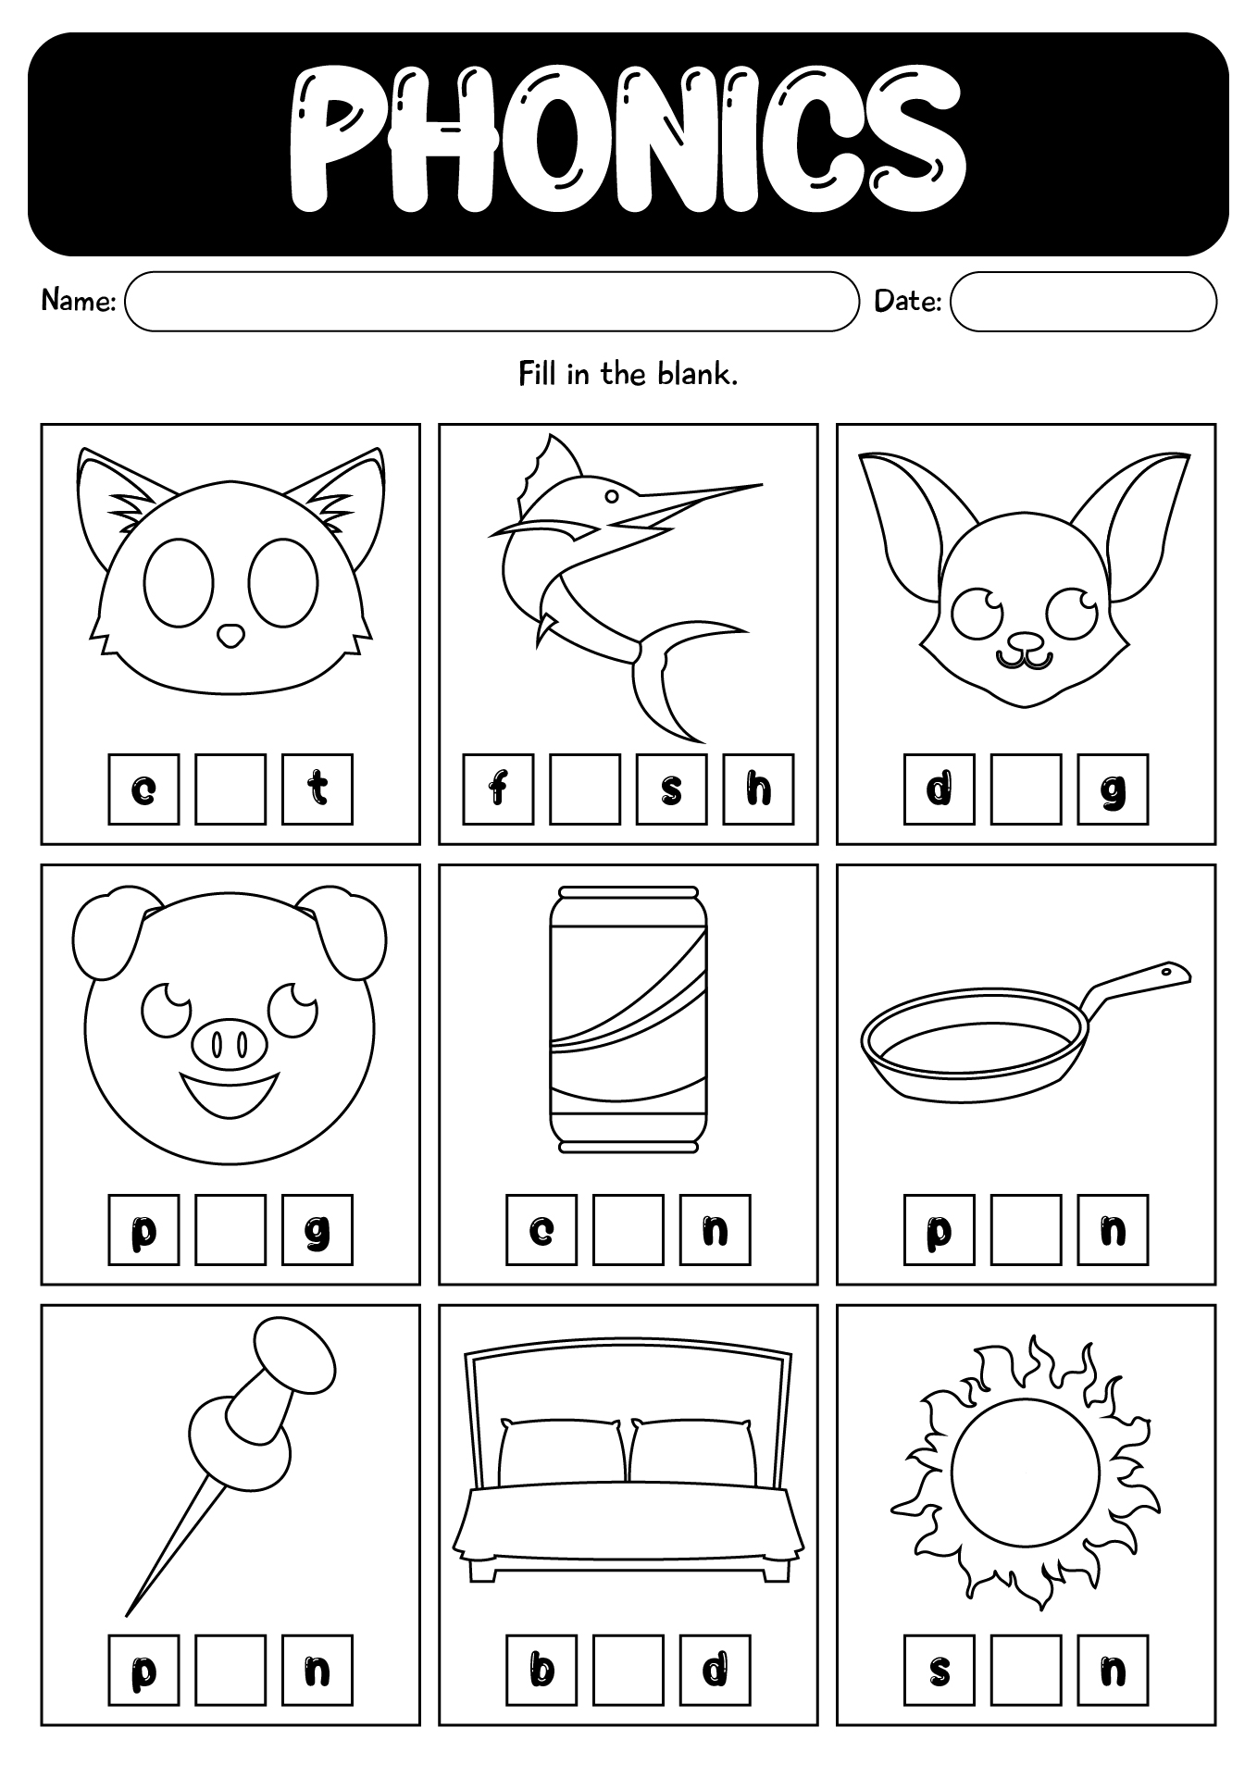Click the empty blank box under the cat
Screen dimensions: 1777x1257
[230, 789]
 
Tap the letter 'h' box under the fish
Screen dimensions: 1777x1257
[758, 789]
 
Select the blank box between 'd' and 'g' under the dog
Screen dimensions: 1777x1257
[1026, 789]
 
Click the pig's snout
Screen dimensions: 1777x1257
[229, 1045]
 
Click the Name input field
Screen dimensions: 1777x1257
[492, 301]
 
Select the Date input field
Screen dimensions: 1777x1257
[1083, 301]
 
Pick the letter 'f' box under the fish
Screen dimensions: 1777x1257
[498, 789]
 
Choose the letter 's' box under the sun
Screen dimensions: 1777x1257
[940, 1670]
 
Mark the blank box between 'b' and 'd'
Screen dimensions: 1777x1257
[628, 1670]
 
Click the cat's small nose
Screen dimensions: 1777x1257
[230, 635]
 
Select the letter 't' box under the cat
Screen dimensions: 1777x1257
[317, 789]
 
